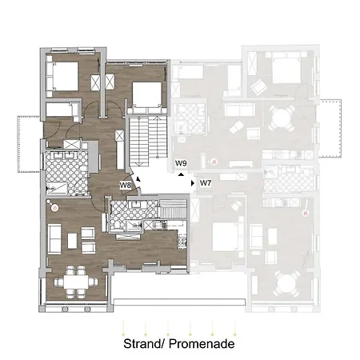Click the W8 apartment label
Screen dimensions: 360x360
[126, 185]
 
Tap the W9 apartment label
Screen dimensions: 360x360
[181, 163]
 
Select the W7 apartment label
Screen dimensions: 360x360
[206, 183]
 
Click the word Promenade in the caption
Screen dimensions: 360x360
[202, 343]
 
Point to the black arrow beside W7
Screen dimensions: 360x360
[193, 183]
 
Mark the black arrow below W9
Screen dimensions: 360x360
[181, 174]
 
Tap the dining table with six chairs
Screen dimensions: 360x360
[76, 282]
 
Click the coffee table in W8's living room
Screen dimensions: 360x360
[72, 241]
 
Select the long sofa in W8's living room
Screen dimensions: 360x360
[54, 238]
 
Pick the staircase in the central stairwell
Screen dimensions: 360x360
[148, 142]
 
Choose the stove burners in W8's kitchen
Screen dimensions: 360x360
[182, 242]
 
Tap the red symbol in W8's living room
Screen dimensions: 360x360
[55, 207]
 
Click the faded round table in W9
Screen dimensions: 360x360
[281, 118]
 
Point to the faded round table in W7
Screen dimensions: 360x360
[286, 284]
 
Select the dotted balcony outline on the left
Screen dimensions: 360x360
[29, 144]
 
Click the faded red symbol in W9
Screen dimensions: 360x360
[214, 162]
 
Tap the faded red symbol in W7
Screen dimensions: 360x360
[305, 213]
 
